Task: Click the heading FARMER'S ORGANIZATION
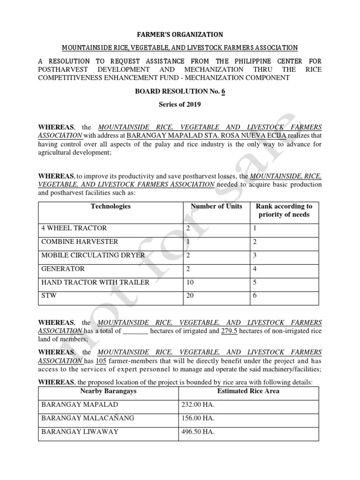[180, 35]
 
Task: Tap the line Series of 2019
[180, 105]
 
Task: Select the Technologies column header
[111, 206]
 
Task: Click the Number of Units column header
[216, 206]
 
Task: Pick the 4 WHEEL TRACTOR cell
[74, 228]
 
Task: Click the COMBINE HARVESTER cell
[80, 242]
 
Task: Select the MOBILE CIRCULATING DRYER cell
[93, 255]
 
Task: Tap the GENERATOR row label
[63, 269]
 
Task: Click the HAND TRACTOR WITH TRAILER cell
[96, 283]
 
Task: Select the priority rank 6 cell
[255, 296]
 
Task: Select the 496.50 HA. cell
[197, 432]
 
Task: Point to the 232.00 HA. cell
[197, 405]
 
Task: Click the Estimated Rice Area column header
[248, 391]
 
